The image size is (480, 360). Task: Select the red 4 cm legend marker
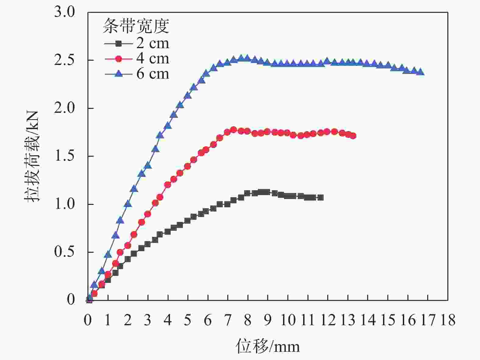point(119,59)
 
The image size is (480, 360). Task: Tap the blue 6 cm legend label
point(152,74)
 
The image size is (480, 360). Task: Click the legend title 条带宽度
point(136,26)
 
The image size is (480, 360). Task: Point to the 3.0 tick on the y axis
point(64,12)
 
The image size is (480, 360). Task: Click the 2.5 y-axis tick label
point(64,60)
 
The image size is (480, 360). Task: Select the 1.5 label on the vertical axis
point(64,156)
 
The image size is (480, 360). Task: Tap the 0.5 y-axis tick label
point(64,252)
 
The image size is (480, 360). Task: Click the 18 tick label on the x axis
point(448,320)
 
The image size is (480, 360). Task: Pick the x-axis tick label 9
point(268,320)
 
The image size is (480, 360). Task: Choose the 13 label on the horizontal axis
point(348,320)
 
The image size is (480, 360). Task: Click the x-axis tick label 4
point(168,320)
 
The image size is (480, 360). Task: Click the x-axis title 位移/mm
point(268,346)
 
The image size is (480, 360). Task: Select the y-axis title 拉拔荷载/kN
point(32,156)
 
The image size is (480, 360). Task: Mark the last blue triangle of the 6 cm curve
point(421,72)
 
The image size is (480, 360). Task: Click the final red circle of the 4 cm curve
point(353,136)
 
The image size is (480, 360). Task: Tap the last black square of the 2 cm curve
point(320,198)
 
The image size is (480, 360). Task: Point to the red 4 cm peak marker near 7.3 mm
point(234,130)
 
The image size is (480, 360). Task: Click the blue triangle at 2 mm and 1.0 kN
point(128,204)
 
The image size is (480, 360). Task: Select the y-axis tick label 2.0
point(64,109)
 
